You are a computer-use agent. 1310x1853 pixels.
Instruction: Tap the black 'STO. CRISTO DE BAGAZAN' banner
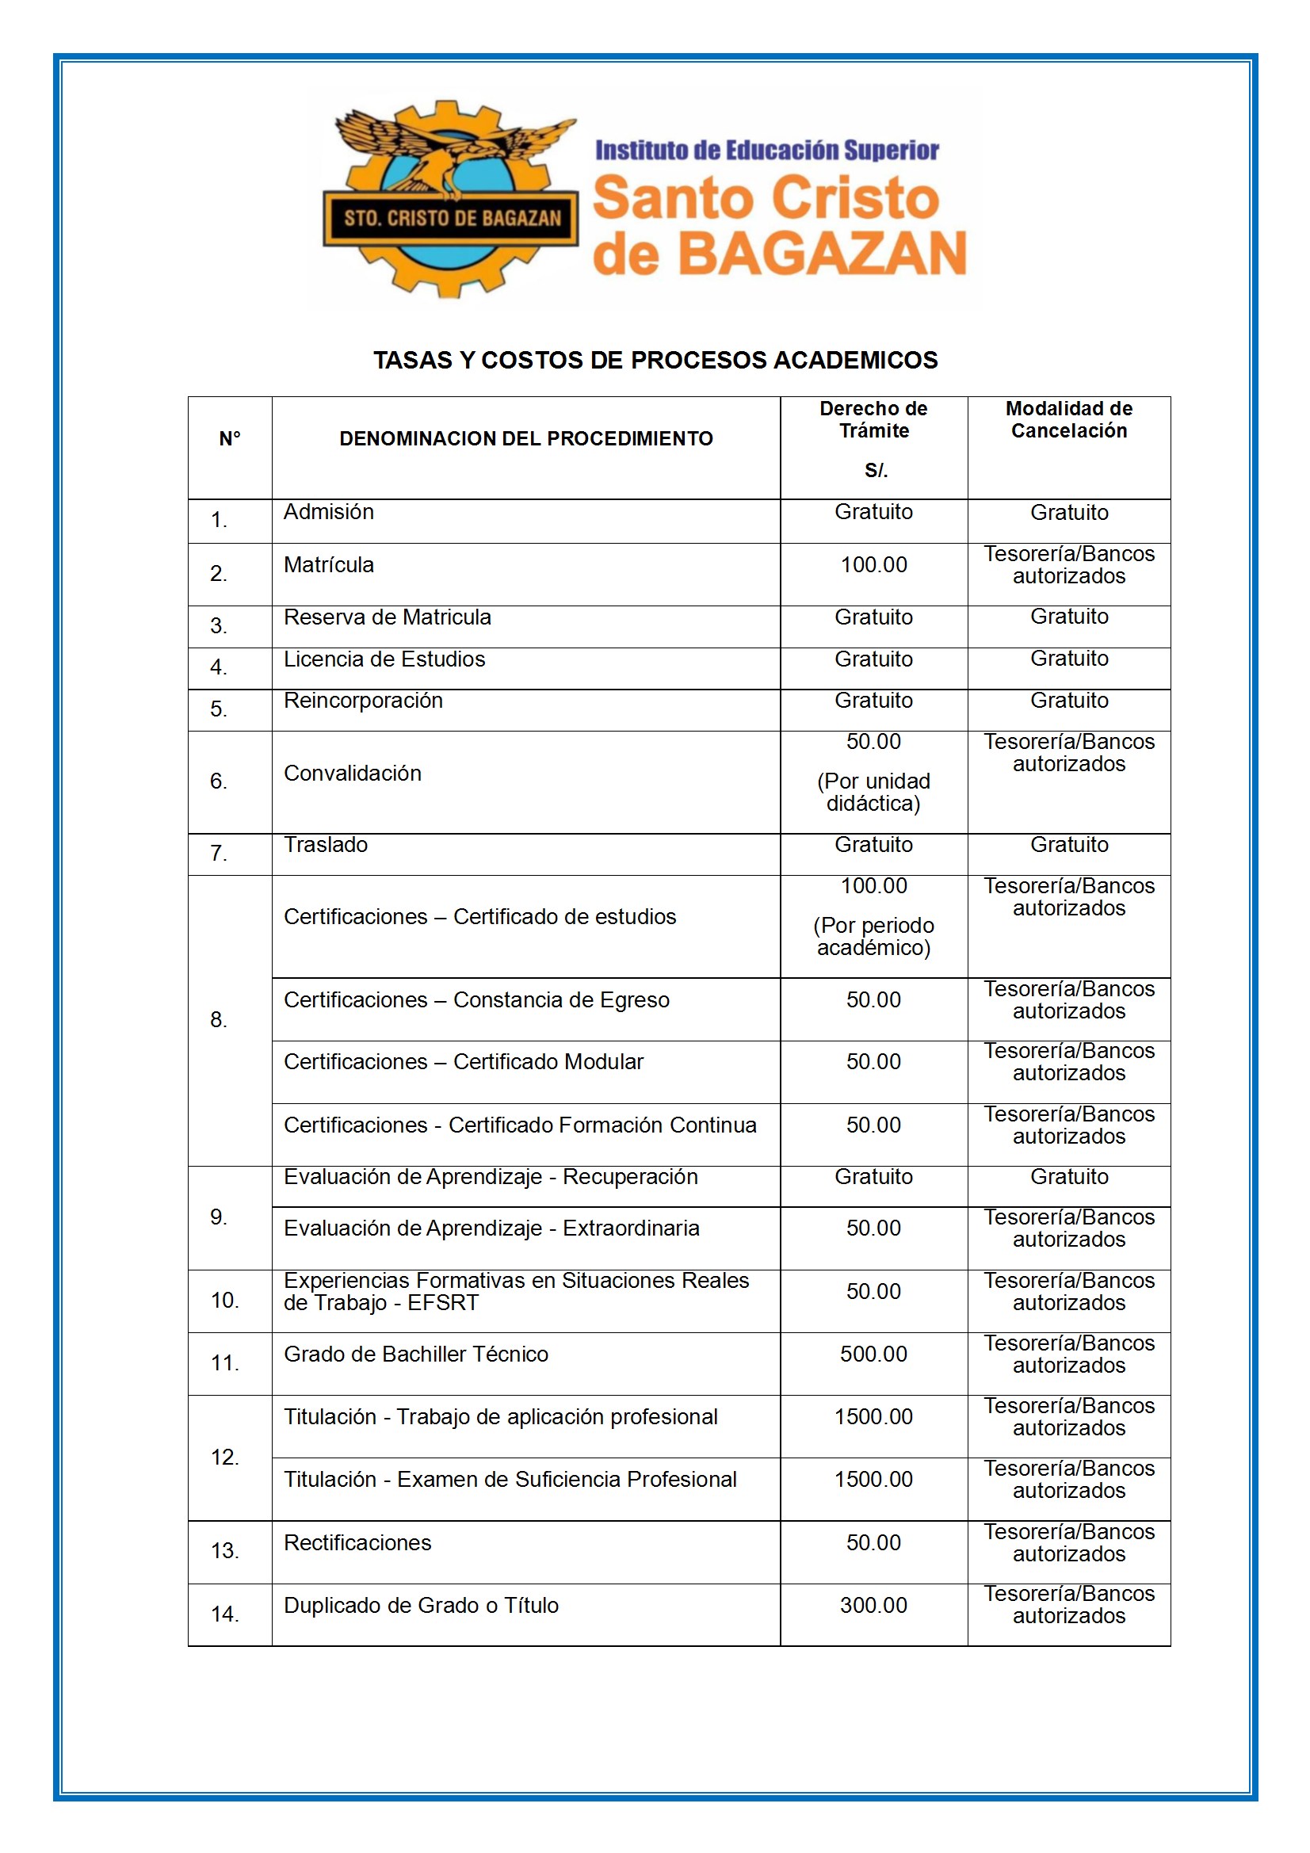point(451,218)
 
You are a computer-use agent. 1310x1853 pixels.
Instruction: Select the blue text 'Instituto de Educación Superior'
point(767,151)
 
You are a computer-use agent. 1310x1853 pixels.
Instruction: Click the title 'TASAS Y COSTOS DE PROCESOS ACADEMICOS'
point(655,360)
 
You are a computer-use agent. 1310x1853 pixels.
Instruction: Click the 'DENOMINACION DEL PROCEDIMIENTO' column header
point(525,439)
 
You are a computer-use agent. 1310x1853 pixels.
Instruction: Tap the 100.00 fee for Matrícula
point(873,565)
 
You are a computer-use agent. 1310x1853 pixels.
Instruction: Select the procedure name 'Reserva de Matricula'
point(388,617)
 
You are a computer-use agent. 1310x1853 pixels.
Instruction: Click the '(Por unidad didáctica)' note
point(873,792)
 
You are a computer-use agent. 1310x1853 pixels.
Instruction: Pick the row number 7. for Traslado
point(219,853)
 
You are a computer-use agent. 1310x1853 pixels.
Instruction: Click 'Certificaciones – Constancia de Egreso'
point(476,1000)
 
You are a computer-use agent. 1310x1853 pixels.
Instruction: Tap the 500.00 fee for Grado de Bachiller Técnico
point(873,1354)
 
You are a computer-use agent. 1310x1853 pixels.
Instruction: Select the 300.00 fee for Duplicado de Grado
point(873,1605)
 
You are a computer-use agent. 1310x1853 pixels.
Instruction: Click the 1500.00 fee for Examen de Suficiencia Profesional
point(873,1480)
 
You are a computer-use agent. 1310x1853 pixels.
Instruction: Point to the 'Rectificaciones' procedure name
point(357,1542)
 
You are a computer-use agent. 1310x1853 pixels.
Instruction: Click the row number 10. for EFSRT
point(224,1300)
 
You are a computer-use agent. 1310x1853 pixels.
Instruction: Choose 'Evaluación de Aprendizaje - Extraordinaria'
point(491,1228)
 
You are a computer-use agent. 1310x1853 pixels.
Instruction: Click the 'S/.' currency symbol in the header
point(876,471)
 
